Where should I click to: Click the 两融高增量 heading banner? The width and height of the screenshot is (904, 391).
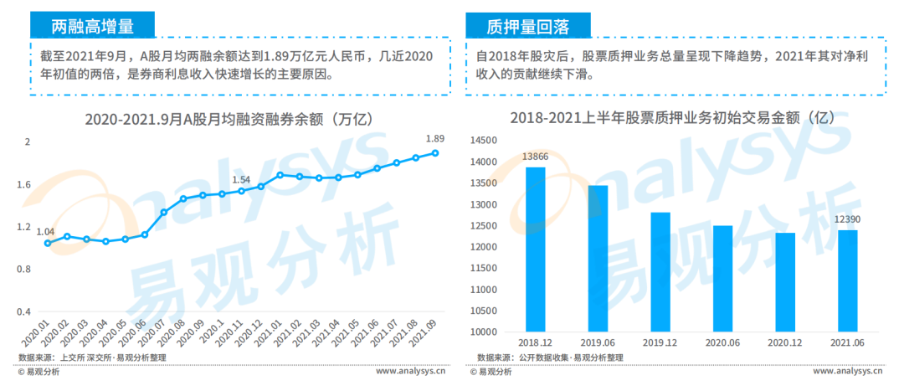[93, 26]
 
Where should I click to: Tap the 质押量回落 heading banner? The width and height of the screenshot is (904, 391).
[528, 26]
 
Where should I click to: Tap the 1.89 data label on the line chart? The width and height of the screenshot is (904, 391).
[435, 139]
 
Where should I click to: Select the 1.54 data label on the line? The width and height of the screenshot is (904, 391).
[241, 179]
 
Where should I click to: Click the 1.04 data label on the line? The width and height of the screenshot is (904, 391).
[45, 231]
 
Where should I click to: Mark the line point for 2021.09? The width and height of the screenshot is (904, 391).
[436, 152]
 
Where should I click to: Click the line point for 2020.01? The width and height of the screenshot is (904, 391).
[47, 244]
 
